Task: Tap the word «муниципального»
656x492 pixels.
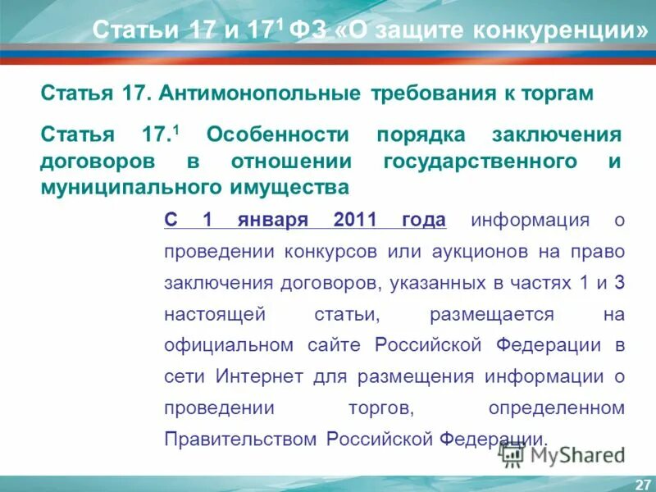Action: tap(121, 188)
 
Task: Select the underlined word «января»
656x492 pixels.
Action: tap(274, 220)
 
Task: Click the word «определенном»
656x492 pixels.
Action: tap(556, 408)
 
